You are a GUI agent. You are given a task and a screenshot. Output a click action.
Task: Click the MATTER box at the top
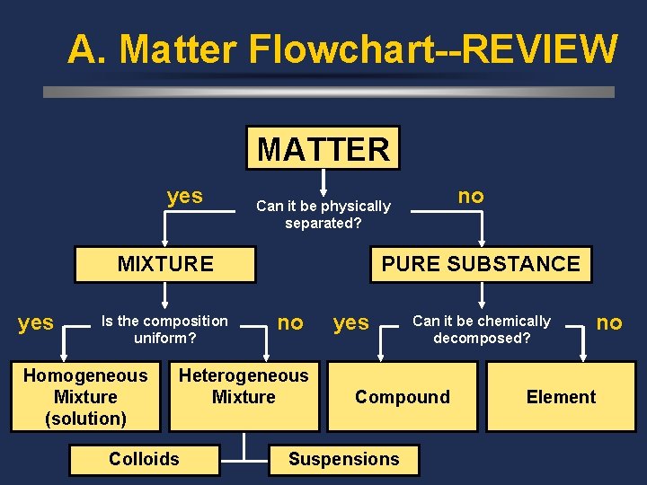[323, 148]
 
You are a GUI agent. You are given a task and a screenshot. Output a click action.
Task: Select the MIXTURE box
[165, 264]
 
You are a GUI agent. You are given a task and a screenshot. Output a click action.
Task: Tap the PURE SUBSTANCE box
[481, 264]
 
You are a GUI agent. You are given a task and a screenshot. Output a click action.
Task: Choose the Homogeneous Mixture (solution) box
[85, 397]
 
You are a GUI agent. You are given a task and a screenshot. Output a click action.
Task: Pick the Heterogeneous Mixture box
[244, 387]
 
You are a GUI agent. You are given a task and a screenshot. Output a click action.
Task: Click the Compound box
[403, 397]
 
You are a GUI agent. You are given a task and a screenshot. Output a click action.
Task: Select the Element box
[561, 397]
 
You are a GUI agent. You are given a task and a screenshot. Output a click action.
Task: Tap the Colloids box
[144, 459]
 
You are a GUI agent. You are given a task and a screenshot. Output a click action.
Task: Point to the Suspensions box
[343, 459]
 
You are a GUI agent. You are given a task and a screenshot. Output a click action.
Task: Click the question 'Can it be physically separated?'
[323, 215]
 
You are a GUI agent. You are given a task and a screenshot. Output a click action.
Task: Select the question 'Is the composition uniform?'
[165, 330]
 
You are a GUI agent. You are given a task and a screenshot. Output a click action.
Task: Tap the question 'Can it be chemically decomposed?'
[482, 330]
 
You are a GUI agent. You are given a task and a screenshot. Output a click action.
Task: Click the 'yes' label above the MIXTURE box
[185, 196]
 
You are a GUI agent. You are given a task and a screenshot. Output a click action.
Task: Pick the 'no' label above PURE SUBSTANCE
[471, 196]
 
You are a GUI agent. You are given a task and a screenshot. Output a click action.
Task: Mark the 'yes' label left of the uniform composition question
[36, 322]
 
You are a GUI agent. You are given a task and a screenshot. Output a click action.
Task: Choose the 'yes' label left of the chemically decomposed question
[351, 322]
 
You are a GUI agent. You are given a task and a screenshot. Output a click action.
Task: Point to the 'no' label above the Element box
[609, 322]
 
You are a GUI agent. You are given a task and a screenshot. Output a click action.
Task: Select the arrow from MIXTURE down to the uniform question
[165, 296]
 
